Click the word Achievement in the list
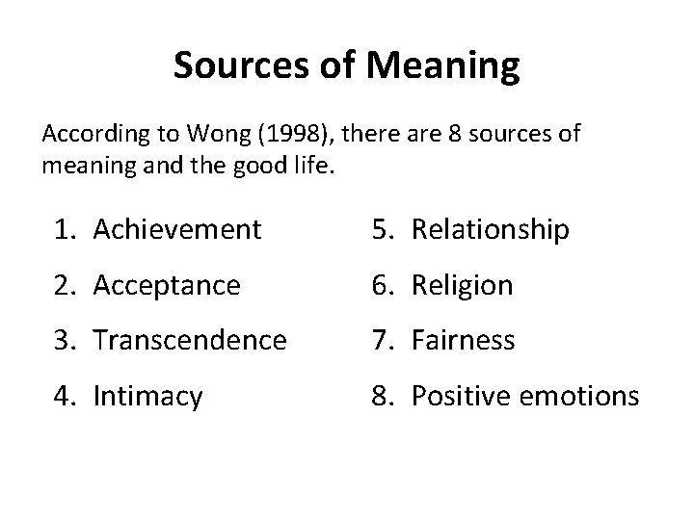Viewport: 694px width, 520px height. click(177, 229)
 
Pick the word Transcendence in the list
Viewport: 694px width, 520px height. click(190, 340)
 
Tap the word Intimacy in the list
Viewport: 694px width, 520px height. click(147, 396)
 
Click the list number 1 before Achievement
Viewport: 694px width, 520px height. click(64, 229)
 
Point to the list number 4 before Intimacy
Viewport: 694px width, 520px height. click(64, 396)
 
